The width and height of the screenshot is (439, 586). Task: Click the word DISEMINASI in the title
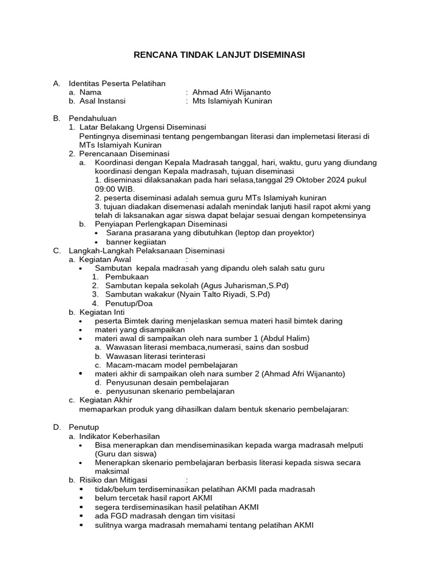[x=277, y=55]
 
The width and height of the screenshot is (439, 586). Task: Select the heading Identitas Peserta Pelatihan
[x=117, y=84]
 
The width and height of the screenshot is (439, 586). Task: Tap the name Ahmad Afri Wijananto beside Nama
[x=232, y=92]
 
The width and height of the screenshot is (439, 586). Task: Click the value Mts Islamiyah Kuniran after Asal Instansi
[x=232, y=101]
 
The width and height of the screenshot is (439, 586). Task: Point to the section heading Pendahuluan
[x=93, y=118]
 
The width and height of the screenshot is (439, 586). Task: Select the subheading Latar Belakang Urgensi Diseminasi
[x=142, y=127]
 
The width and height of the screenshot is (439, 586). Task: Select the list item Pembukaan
[x=127, y=277]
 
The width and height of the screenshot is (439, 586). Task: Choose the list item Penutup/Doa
[x=129, y=303]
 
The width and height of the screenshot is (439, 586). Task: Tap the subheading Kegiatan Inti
[x=102, y=312]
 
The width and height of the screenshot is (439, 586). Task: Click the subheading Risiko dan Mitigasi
[x=113, y=480]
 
